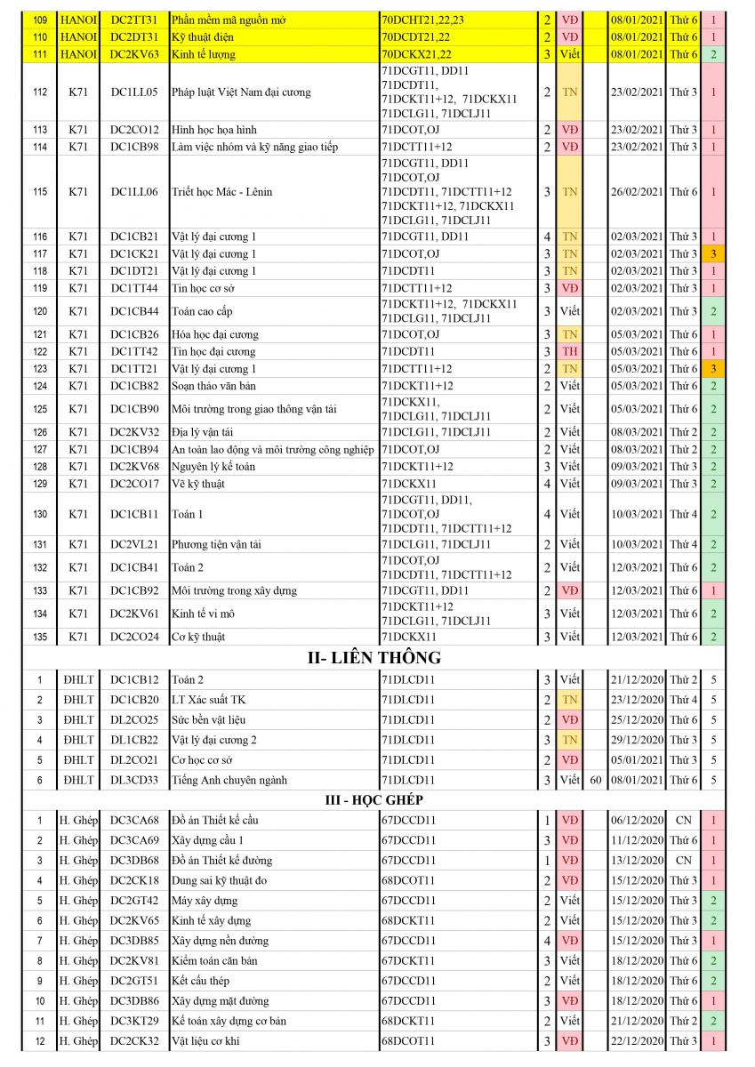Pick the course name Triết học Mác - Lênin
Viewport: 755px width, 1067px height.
pyautogui.click(x=221, y=192)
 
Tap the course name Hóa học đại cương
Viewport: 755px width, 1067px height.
pyautogui.click(x=215, y=334)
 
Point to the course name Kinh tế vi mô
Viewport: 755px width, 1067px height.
pyautogui.click(x=202, y=614)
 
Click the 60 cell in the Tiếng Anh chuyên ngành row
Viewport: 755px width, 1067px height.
pyautogui.click(x=595, y=780)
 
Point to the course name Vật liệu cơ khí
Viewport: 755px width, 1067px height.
pyautogui.click(x=210, y=1041)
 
